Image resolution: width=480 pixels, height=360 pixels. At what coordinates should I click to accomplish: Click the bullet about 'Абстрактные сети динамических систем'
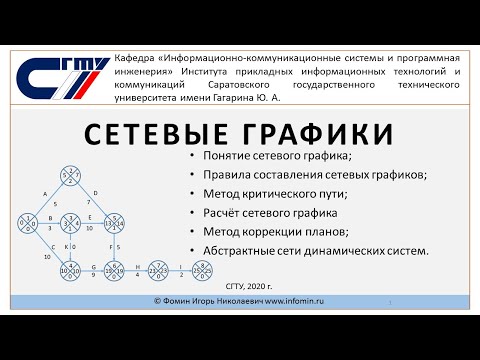click(314, 249)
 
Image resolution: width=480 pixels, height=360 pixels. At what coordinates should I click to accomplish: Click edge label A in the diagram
click(45, 192)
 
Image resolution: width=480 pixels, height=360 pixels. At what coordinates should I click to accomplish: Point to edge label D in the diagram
click(94, 191)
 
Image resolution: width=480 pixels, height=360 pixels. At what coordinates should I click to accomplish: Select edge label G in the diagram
click(93, 267)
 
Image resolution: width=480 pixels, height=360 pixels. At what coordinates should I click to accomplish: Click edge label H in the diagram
click(136, 266)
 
